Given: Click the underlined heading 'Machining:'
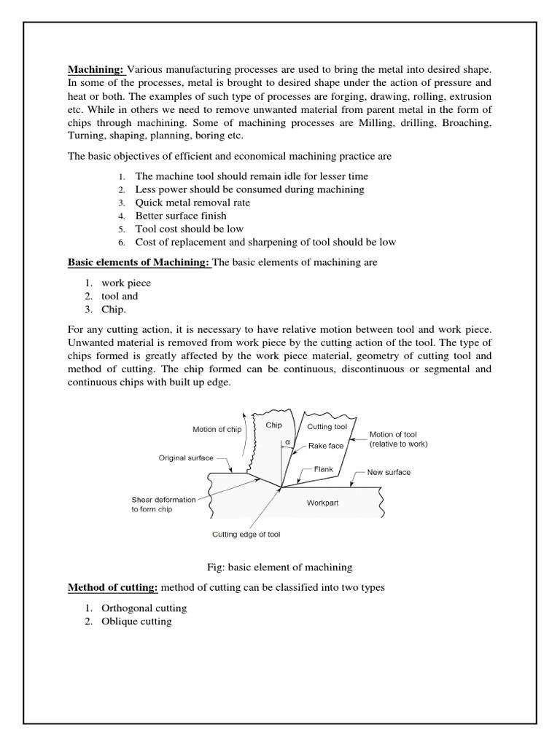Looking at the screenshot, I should (96, 71).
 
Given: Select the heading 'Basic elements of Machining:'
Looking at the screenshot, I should (139, 262).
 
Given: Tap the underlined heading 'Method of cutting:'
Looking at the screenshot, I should (112, 587).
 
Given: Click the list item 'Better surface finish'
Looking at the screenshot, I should (181, 216).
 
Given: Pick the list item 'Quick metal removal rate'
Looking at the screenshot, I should (192, 203).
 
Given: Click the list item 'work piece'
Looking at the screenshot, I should (126, 283).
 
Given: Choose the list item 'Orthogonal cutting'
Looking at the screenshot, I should (144, 608).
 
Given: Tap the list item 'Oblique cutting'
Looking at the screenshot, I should (136, 621).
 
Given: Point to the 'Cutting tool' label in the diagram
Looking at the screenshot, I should (327, 426).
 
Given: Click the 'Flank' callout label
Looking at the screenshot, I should (324, 470).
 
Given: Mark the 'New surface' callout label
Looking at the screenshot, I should (388, 472).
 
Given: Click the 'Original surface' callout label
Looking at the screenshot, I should (186, 458).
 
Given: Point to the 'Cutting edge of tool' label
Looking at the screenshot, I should (246, 534).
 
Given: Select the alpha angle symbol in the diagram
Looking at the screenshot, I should (288, 441).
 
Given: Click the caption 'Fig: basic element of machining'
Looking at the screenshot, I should (280, 567).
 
